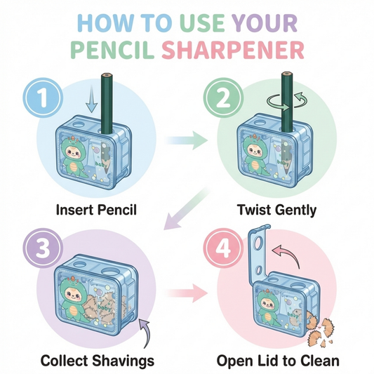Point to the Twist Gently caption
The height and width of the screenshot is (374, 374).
point(276,209)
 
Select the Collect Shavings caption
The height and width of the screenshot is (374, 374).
point(98,361)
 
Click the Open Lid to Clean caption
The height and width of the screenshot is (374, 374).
point(279,361)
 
